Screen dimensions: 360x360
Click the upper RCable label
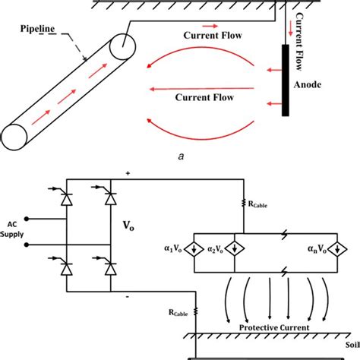click(x=259, y=204)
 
